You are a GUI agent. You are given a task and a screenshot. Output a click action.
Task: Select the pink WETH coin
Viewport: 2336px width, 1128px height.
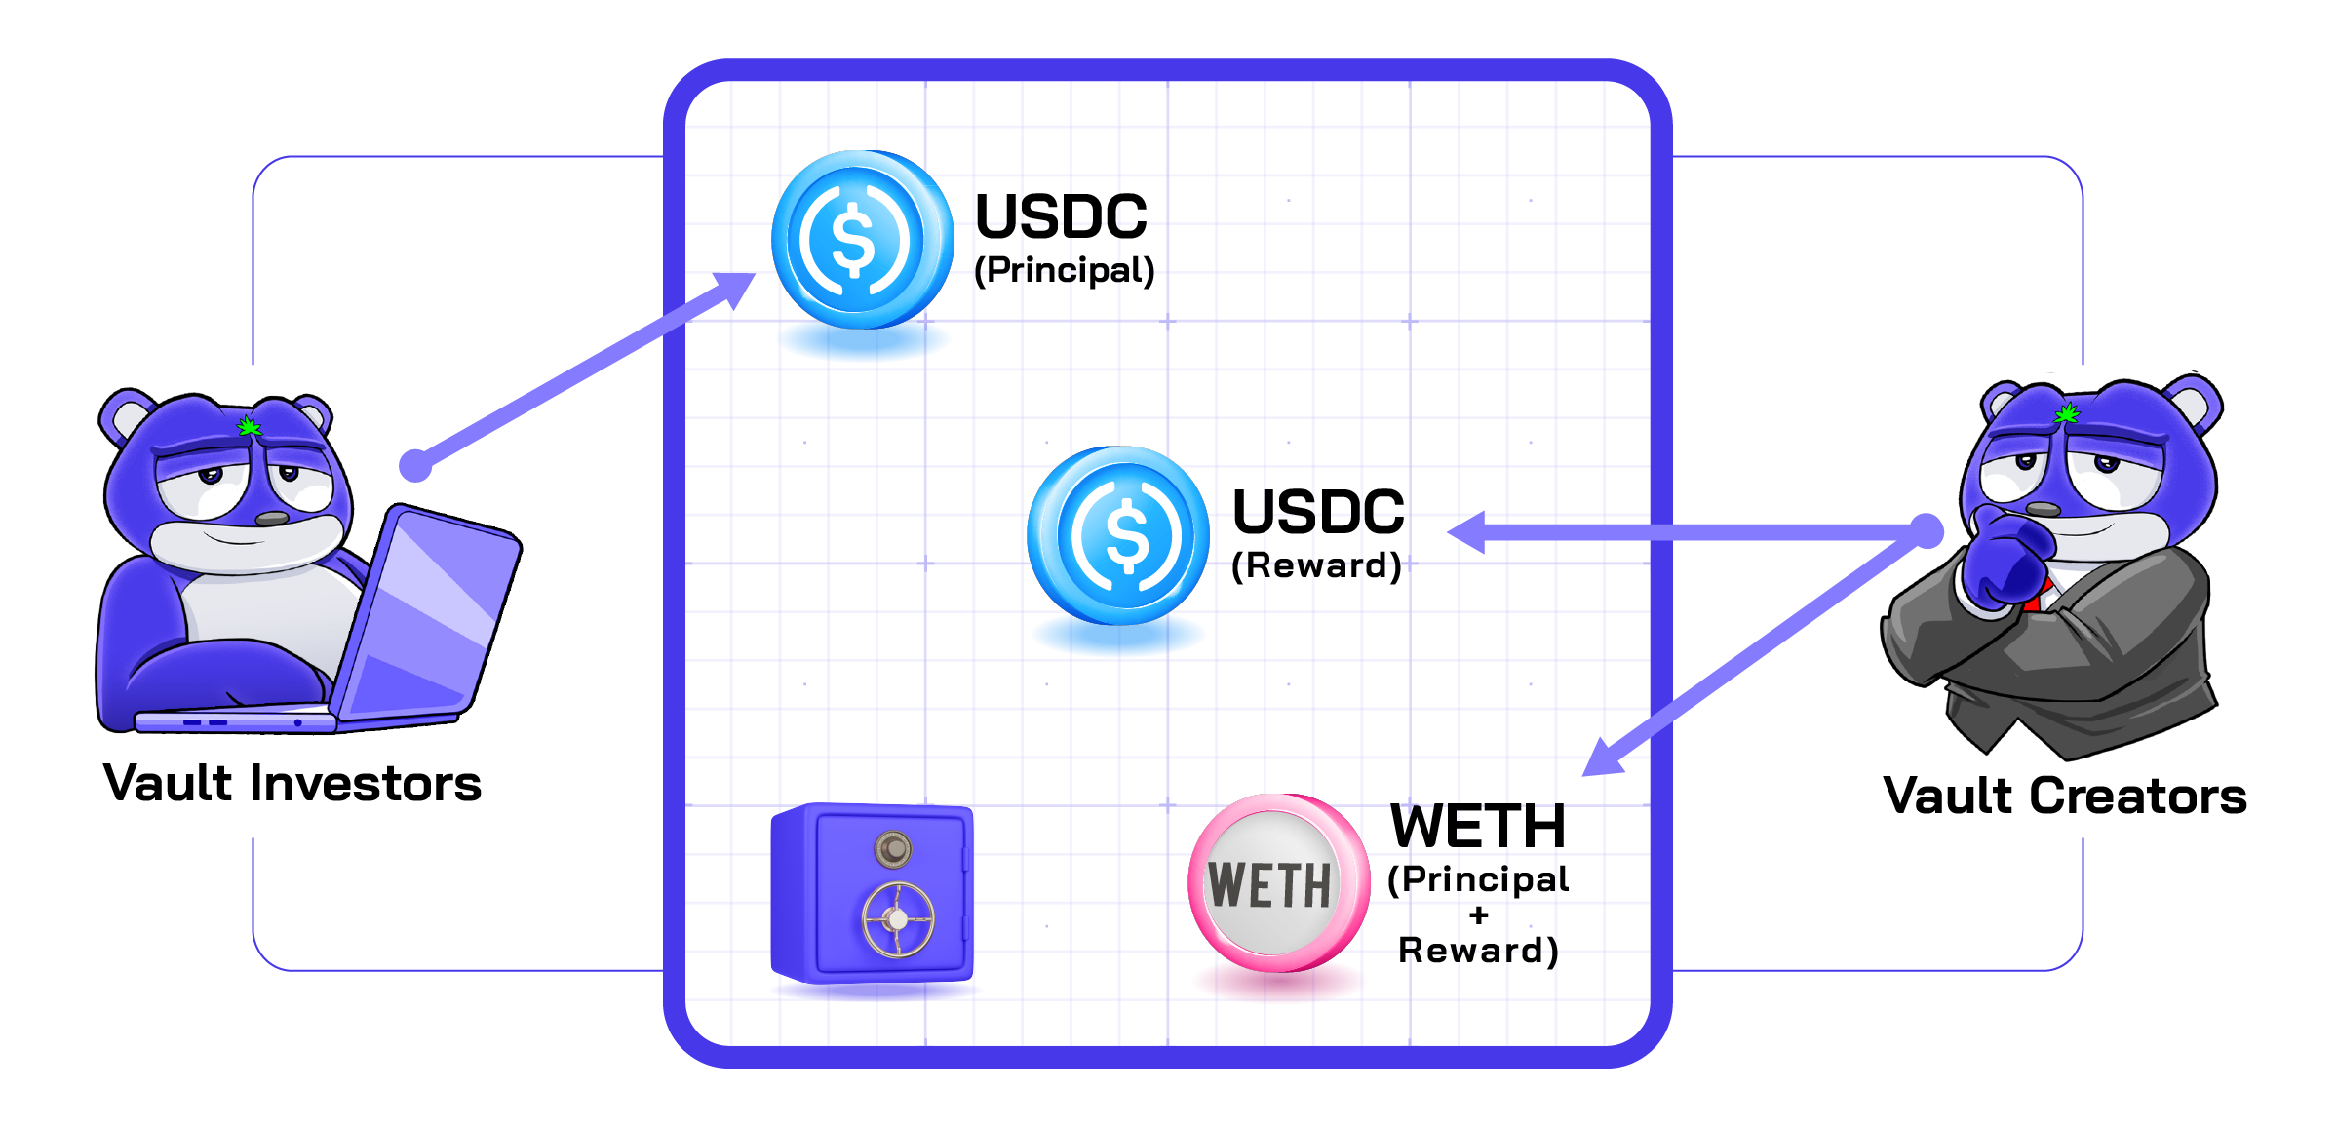pyautogui.click(x=1276, y=883)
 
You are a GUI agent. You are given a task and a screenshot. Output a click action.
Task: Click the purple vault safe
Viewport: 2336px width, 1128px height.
pyautogui.click(x=872, y=893)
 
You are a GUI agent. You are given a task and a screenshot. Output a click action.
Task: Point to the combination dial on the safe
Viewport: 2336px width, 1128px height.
pyautogui.click(x=892, y=849)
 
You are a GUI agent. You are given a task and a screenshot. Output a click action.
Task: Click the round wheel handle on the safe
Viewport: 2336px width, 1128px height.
pyautogui.click(x=898, y=919)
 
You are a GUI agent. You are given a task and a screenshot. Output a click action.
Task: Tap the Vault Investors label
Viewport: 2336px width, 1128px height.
pyautogui.click(x=292, y=784)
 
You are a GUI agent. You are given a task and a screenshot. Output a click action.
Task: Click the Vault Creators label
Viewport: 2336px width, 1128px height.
pyautogui.click(x=2065, y=796)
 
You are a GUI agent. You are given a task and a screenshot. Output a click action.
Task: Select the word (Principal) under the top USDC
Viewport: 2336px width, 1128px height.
pyautogui.click(x=1065, y=270)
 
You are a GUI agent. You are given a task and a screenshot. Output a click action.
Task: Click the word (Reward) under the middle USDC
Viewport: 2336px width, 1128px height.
pyautogui.click(x=1317, y=565)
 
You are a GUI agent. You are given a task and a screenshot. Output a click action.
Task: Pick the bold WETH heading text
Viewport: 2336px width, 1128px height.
pyautogui.click(x=1477, y=826)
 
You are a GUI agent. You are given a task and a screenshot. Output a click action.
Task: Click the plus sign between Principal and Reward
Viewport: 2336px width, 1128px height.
pyautogui.click(x=1479, y=915)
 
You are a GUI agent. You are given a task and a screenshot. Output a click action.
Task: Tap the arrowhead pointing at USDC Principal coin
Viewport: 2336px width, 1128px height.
pyautogui.click(x=736, y=287)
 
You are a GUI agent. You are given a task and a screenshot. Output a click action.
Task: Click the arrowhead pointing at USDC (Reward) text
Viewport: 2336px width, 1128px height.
pyautogui.click(x=1467, y=532)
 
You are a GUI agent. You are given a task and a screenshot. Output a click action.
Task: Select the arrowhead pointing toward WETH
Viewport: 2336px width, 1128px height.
pyautogui.click(x=1601, y=759)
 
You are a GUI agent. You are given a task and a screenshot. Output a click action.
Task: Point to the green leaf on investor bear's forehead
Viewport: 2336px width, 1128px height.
pyautogui.click(x=250, y=426)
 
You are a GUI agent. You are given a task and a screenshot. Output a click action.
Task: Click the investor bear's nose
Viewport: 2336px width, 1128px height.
pyautogui.click(x=272, y=519)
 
